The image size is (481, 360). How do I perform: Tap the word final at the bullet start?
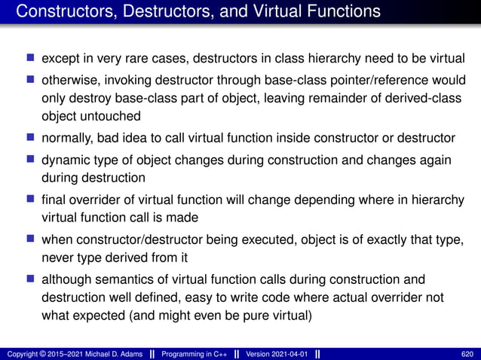pos(54,199)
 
